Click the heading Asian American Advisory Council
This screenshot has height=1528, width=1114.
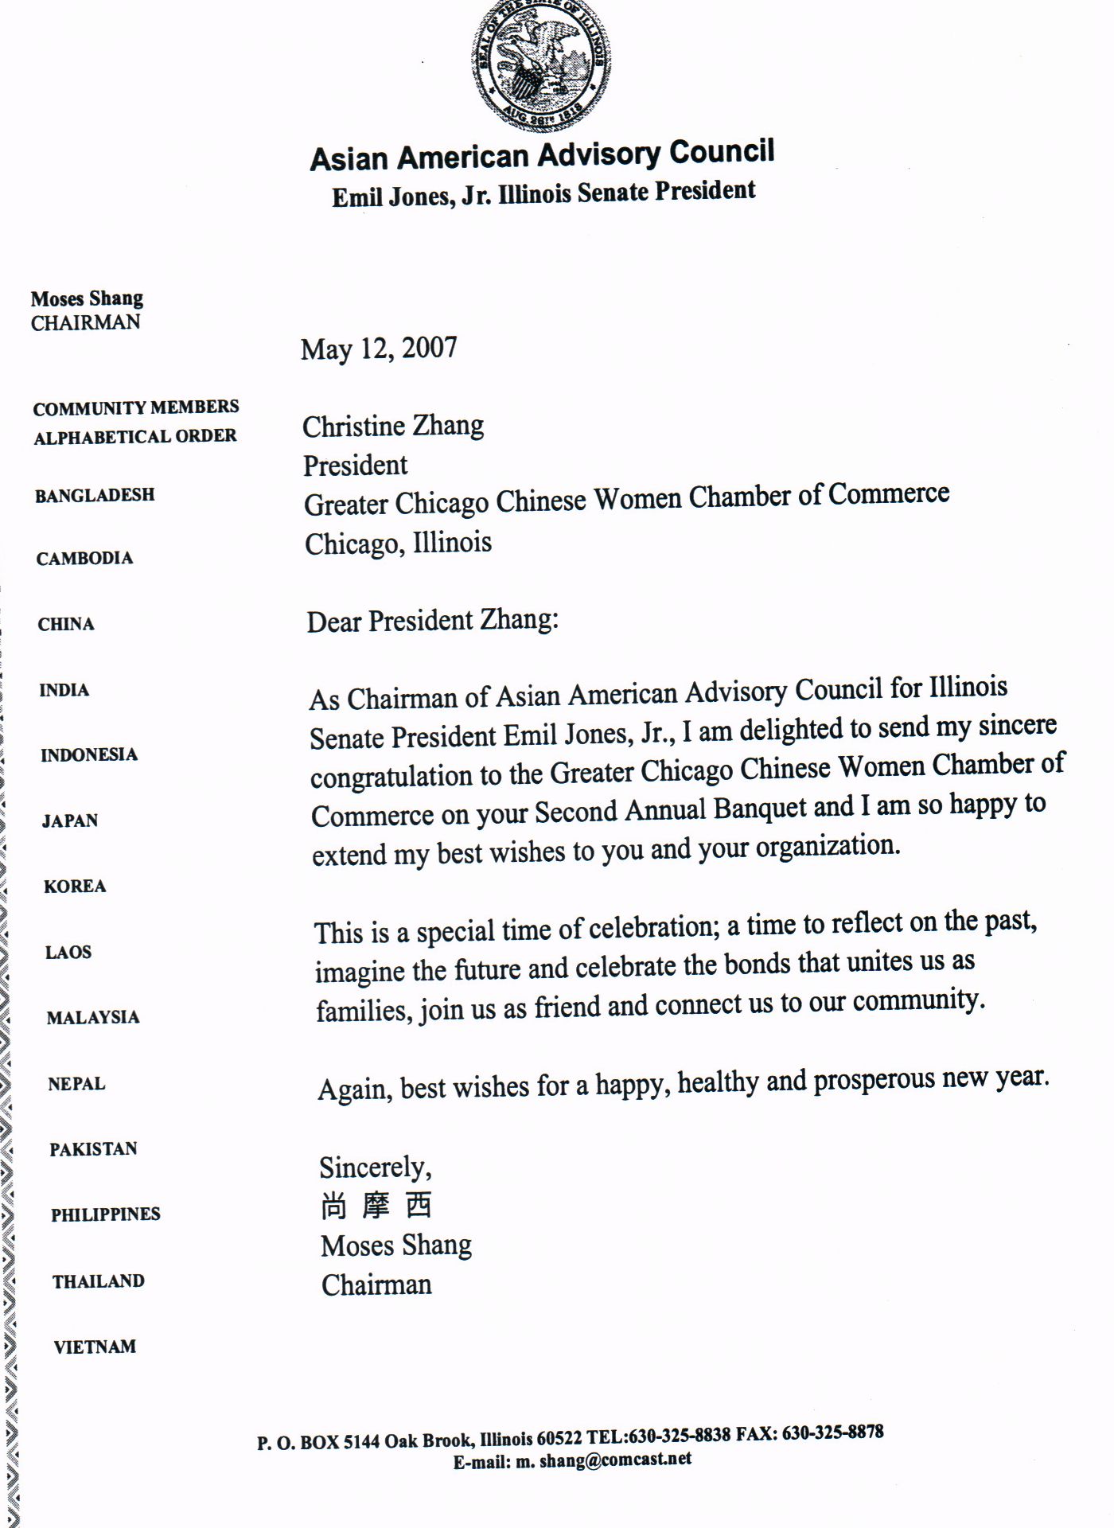[542, 155]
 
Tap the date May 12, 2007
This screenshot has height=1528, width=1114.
[379, 349]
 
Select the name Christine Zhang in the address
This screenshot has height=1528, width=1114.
[393, 427]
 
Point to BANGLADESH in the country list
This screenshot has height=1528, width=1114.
[95, 495]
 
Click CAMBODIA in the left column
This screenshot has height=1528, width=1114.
[84, 558]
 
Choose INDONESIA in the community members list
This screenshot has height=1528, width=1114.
[89, 754]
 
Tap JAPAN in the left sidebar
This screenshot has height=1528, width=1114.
[70, 821]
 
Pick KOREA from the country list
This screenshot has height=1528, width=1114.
[75, 886]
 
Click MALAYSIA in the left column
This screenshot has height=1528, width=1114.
[93, 1017]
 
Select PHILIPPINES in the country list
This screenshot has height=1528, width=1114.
[106, 1214]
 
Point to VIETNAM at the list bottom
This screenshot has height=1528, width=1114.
[95, 1347]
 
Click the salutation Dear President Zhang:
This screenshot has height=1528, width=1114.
[433, 621]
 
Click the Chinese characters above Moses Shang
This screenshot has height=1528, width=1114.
[376, 1206]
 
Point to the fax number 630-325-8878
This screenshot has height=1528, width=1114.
[832, 1432]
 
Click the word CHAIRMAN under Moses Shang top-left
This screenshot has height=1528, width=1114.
[85, 322]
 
